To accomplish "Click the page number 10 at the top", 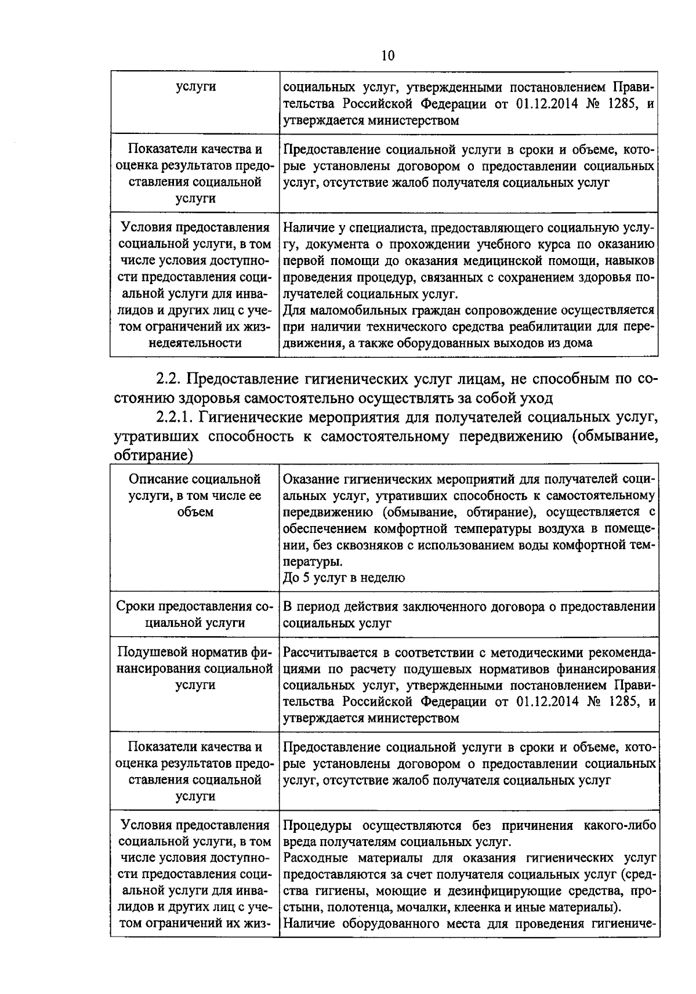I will [x=387, y=55].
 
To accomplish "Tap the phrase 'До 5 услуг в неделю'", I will [x=344, y=578].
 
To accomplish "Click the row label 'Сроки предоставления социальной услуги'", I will [x=195, y=615].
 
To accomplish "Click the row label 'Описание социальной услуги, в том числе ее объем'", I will [x=195, y=496].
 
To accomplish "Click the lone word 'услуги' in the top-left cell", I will [x=195, y=87].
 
